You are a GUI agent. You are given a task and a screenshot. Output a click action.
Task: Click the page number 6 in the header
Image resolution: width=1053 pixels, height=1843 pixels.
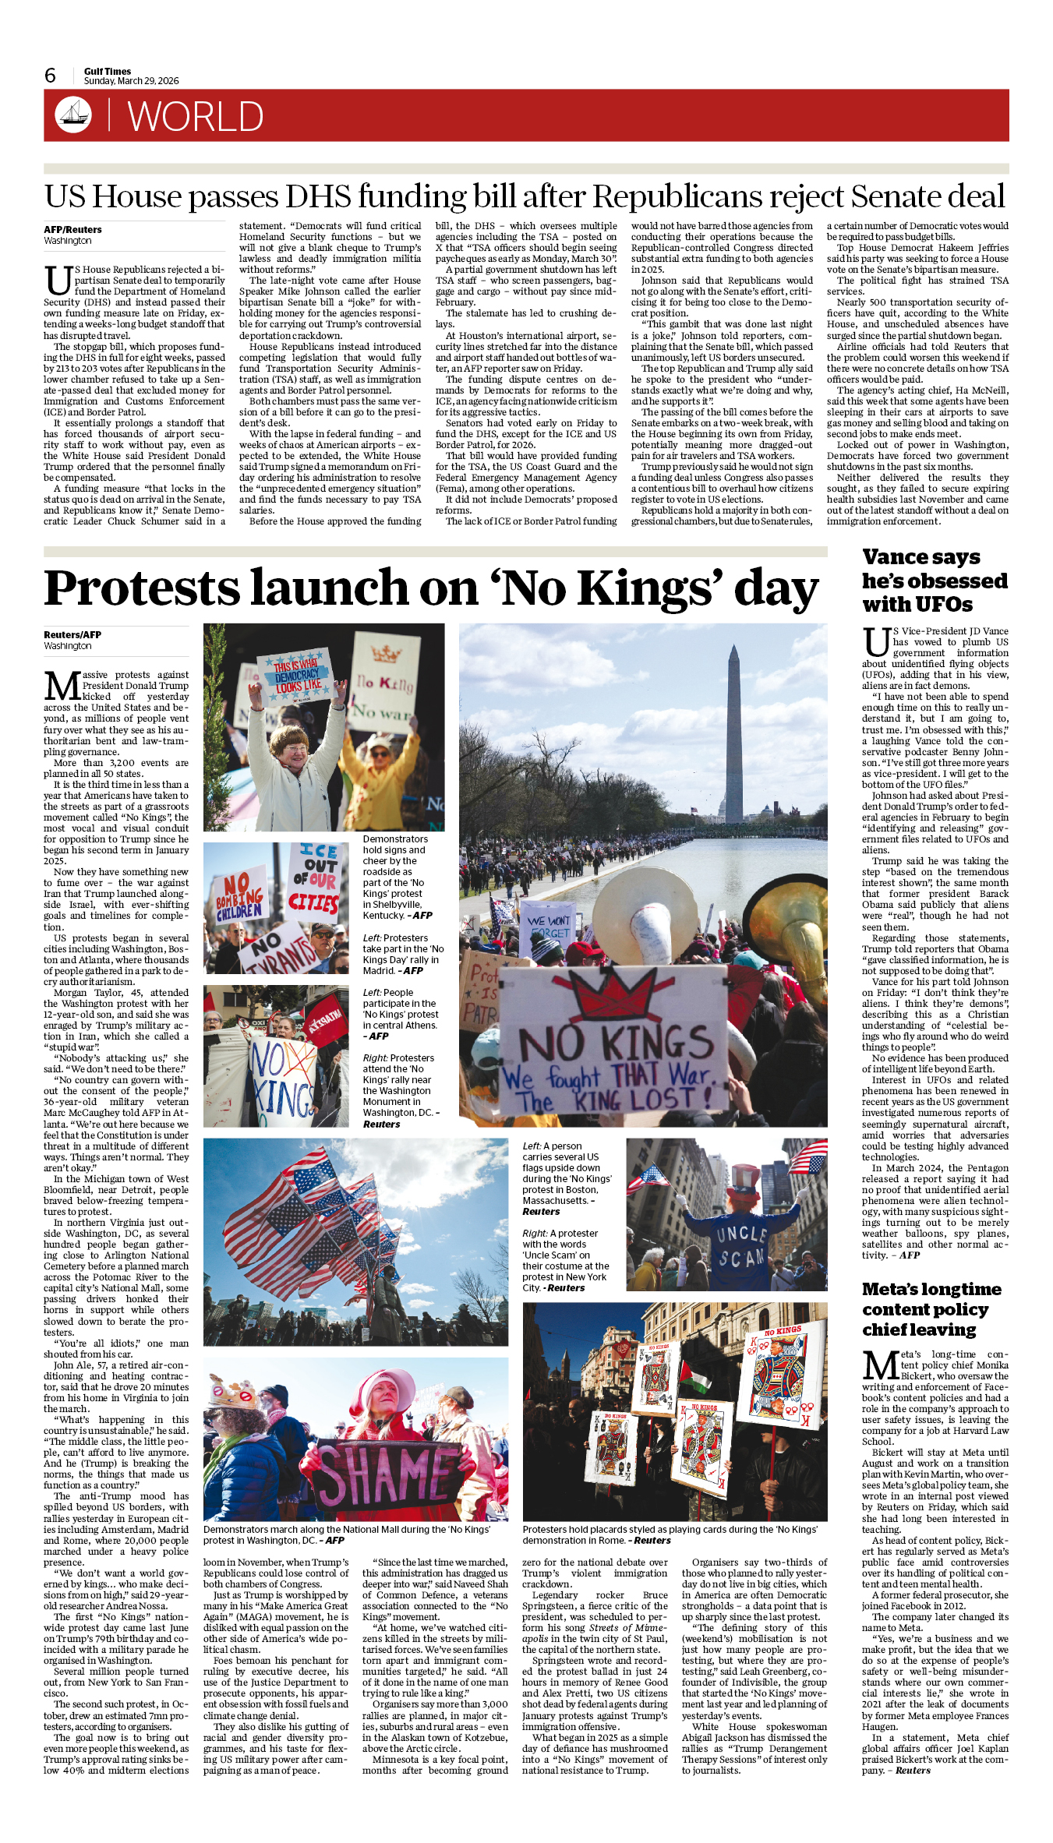(50, 76)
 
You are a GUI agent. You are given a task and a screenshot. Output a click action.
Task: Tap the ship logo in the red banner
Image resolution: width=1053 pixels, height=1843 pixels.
(72, 115)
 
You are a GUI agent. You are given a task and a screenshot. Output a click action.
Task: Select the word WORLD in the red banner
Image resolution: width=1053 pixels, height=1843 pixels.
(196, 117)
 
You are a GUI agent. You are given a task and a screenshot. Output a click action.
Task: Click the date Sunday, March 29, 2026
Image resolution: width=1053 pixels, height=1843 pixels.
(131, 81)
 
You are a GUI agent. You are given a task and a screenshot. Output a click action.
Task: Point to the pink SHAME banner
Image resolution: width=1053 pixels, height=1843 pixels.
(390, 1473)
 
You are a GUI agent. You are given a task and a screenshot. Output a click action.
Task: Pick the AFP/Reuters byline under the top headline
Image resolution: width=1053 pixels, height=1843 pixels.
(72, 230)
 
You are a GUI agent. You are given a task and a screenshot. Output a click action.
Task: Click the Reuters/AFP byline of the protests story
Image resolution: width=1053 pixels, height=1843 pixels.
(72, 635)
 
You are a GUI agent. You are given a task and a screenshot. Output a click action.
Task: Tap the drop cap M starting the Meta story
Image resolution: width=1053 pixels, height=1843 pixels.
(880, 1366)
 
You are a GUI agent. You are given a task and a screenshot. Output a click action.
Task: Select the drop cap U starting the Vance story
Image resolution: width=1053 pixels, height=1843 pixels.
(876, 643)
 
